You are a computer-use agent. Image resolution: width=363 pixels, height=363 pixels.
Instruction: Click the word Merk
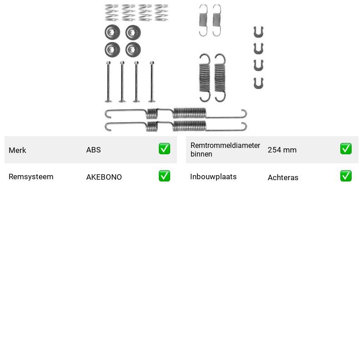pyautogui.click(x=17, y=150)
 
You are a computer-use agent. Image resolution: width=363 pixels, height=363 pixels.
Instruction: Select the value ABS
pyautogui.click(x=93, y=150)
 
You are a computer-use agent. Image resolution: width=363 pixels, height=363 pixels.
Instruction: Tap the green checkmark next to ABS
pyautogui.click(x=164, y=149)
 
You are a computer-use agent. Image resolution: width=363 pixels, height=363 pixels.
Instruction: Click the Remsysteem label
pyautogui.click(x=31, y=177)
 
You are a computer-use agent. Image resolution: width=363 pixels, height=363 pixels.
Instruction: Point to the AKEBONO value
pyautogui.click(x=104, y=177)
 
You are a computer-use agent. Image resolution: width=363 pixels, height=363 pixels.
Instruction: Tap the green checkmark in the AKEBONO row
pyautogui.click(x=164, y=176)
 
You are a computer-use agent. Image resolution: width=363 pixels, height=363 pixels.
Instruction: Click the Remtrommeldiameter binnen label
pyautogui.click(x=225, y=150)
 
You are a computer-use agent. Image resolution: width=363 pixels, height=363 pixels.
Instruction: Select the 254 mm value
pyautogui.click(x=282, y=150)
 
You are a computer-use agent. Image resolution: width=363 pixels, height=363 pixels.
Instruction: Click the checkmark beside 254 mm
pyautogui.click(x=346, y=149)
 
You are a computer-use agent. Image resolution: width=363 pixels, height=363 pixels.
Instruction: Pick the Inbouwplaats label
pyautogui.click(x=213, y=177)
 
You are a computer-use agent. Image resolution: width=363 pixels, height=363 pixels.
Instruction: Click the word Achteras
pyautogui.click(x=283, y=177)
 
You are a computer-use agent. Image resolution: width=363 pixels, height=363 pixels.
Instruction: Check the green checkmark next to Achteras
pyautogui.click(x=346, y=176)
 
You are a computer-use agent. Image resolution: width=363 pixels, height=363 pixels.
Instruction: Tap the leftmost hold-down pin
pyautogui.click(x=108, y=82)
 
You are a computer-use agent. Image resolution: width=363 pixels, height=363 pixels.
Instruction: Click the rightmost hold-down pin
pyautogui.click(x=152, y=82)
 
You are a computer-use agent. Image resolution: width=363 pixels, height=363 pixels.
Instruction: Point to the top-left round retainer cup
pyautogui.click(x=112, y=32)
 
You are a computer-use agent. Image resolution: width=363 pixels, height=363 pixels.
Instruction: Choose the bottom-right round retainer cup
pyautogui.click(x=133, y=49)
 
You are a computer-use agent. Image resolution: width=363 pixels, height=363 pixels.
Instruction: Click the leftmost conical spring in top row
pyautogui.click(x=112, y=13)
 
